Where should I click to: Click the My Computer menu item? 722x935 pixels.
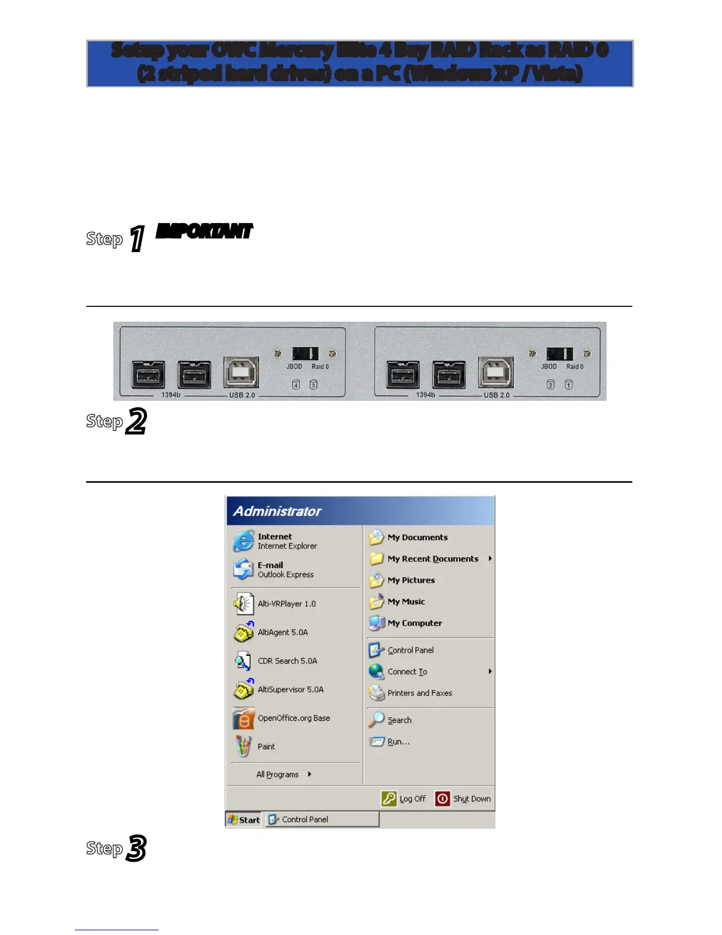414,623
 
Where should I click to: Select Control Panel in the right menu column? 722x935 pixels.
410,650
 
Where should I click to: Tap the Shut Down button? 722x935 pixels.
463,799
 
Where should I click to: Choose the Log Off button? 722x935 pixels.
404,799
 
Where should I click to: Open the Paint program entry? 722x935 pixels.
266,747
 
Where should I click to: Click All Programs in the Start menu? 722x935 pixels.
278,774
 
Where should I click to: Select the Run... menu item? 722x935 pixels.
398,742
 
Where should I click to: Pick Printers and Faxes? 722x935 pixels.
419,693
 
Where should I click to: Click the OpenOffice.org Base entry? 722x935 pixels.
293,718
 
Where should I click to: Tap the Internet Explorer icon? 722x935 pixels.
244,541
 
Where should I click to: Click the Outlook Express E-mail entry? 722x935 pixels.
285,570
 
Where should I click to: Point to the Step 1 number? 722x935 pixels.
137,238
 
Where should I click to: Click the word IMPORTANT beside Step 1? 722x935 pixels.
204,231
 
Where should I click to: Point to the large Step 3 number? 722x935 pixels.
136,848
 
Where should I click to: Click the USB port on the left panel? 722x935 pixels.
241,372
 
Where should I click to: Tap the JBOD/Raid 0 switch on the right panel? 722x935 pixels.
559,354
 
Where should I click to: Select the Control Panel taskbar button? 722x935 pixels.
322,819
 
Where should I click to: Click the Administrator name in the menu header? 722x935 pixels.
277,511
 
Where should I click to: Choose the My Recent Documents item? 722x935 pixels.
432,559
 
